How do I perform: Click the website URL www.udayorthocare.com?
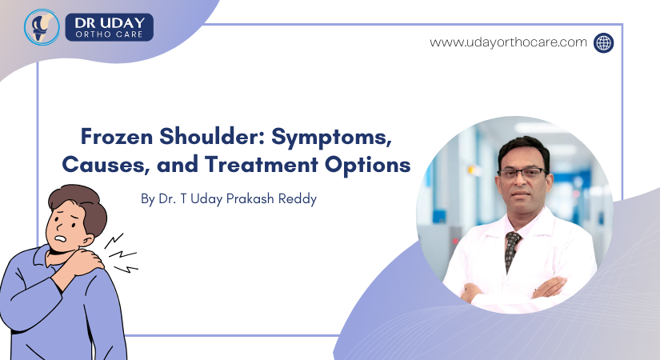(x=508, y=42)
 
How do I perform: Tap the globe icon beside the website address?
(x=603, y=43)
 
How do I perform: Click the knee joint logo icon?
(x=39, y=26)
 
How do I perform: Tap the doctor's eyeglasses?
(x=520, y=170)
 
